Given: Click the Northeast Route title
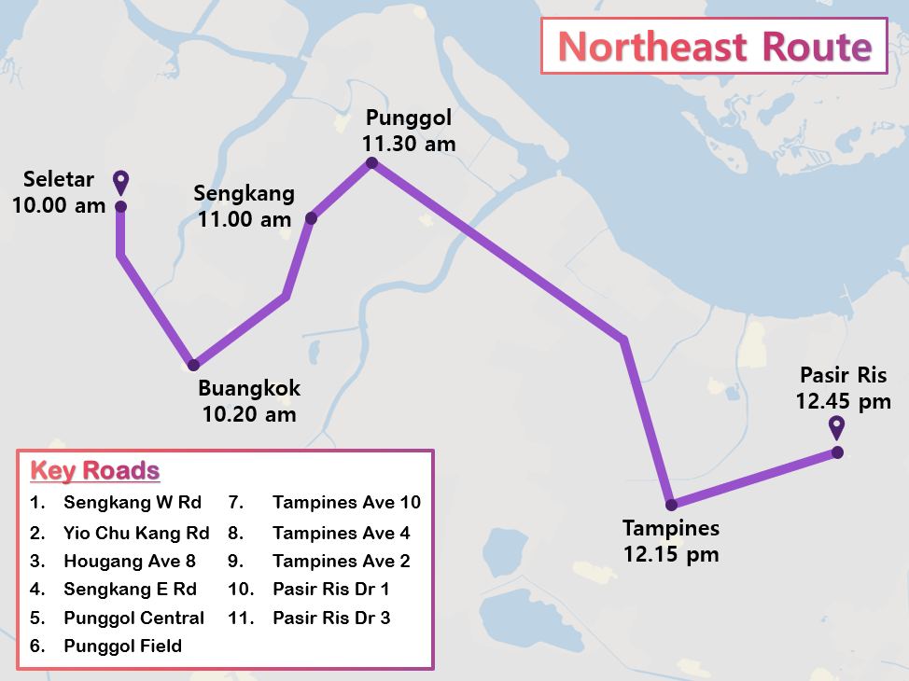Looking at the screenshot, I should click(714, 46).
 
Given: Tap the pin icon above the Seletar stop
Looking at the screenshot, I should click(120, 183).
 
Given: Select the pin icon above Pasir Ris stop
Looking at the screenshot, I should click(837, 428).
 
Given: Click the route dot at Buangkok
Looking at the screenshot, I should click(193, 365).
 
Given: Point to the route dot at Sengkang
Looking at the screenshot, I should click(312, 218).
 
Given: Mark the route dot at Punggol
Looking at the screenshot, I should click(371, 163).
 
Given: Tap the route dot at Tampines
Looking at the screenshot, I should click(671, 505).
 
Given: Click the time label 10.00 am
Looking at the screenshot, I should click(59, 204).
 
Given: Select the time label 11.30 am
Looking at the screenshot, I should click(408, 144).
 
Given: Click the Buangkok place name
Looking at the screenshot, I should click(249, 389).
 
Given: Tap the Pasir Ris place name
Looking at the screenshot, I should click(843, 376).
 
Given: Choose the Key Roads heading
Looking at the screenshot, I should click(94, 470).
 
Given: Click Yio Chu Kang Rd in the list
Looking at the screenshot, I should click(136, 534).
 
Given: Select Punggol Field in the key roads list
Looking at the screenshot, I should click(122, 646).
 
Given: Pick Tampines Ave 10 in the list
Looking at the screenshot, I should click(346, 503).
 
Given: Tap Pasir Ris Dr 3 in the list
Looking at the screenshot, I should click(331, 618).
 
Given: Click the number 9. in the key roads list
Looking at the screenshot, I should click(234, 562).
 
